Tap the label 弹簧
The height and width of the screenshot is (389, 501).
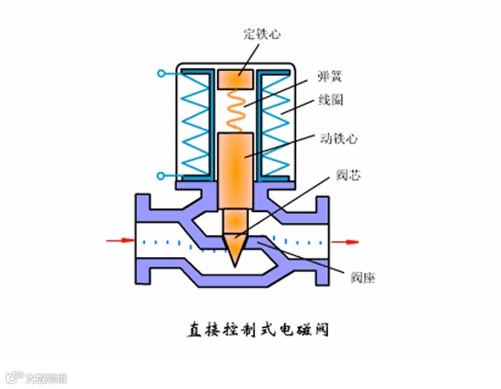[330, 76]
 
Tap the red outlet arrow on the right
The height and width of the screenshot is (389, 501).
[346, 241]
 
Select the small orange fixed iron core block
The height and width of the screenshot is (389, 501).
[239, 79]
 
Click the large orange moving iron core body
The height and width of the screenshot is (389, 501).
[239, 167]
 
